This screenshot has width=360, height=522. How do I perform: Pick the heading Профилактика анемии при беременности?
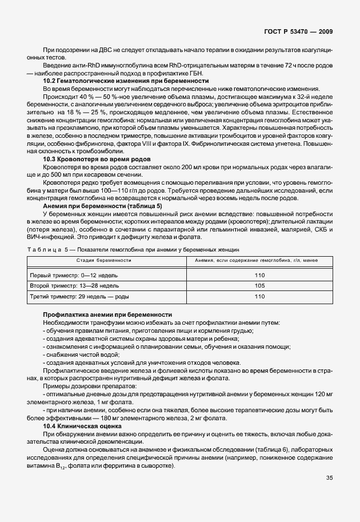[107, 315]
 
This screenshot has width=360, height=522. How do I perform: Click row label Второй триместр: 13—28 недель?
[74, 285]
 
